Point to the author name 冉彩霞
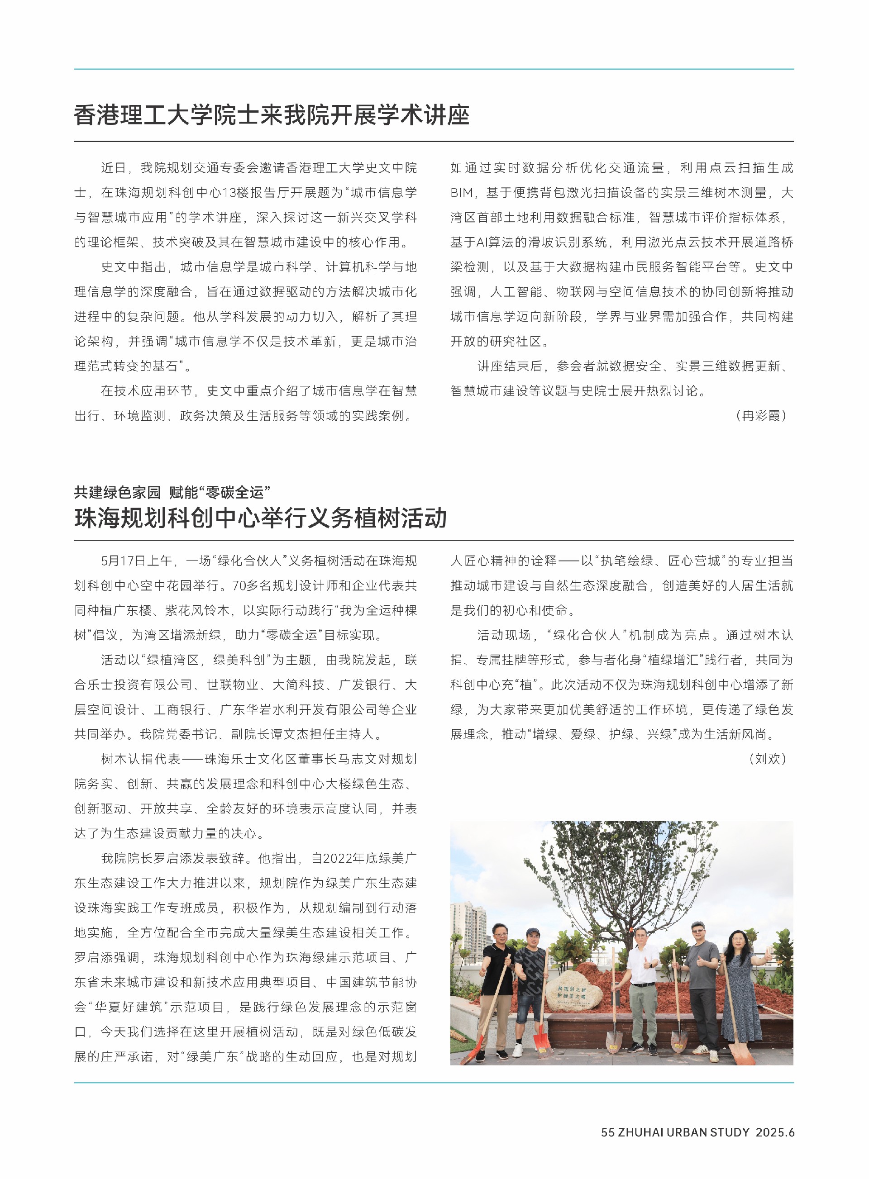[761, 416]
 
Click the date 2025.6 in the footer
[775, 1132]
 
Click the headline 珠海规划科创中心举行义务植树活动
[260, 518]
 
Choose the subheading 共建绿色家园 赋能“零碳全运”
[172, 492]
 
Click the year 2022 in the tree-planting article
[338, 858]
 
